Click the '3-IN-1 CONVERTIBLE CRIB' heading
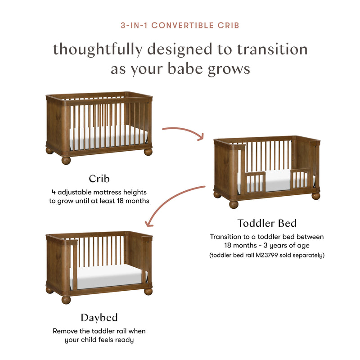coord(180,25)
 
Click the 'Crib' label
coord(99,179)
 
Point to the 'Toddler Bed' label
coord(267,223)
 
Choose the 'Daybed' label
coord(99,318)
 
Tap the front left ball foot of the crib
coord(66,160)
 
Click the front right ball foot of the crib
coord(148,152)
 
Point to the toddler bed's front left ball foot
coord(233,204)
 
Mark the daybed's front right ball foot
coord(148,291)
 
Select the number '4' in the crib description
coord(54,192)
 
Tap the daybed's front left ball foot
coord(66,299)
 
